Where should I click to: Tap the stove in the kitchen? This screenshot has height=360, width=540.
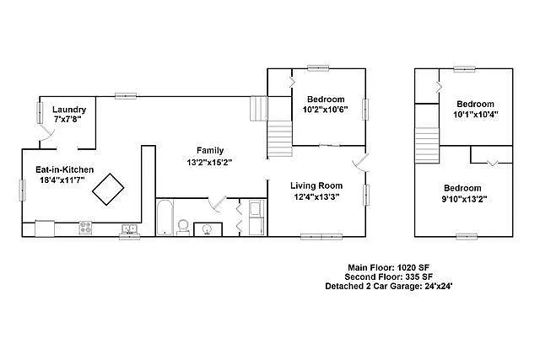click(x=85, y=227)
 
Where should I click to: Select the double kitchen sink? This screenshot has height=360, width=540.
click(x=129, y=228)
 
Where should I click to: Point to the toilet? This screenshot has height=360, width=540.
click(x=183, y=226)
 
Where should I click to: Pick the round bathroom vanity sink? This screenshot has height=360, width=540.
click(x=205, y=228)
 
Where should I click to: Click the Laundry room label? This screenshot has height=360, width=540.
click(x=69, y=110)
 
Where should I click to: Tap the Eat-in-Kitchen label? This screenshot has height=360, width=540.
click(x=64, y=169)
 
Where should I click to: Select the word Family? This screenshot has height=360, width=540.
click(x=210, y=150)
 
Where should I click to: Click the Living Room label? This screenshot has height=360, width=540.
click(x=316, y=185)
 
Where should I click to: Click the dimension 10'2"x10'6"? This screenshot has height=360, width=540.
click(x=325, y=110)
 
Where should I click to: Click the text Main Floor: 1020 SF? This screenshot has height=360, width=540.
click(x=391, y=267)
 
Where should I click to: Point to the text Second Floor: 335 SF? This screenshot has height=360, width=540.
click(x=391, y=277)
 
